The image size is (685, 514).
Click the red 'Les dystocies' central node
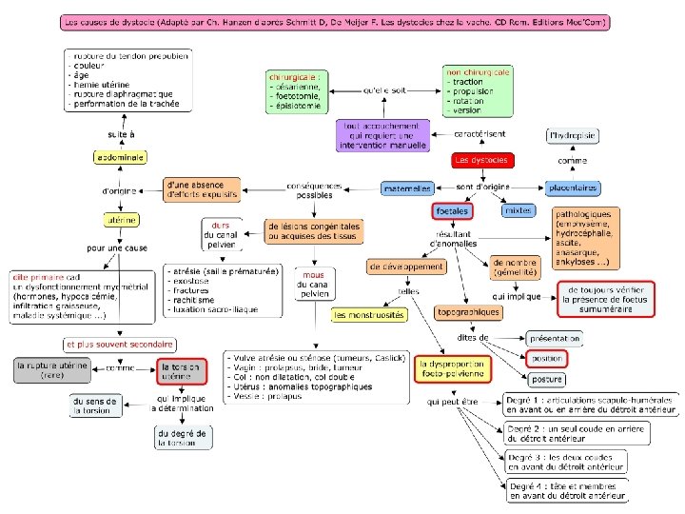click(x=481, y=160)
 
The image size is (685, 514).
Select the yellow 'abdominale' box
click(x=119, y=156)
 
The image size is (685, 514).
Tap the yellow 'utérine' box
click(x=121, y=220)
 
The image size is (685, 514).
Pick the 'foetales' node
click(x=452, y=210)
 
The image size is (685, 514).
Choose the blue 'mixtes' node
click(x=518, y=209)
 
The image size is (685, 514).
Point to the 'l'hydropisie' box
click(x=573, y=136)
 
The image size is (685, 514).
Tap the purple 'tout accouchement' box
click(x=382, y=134)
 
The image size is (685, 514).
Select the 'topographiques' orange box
click(x=468, y=312)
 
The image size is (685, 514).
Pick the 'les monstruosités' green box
click(x=369, y=314)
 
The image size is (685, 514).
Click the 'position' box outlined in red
click(x=546, y=359)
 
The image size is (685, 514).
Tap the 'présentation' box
click(x=553, y=339)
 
